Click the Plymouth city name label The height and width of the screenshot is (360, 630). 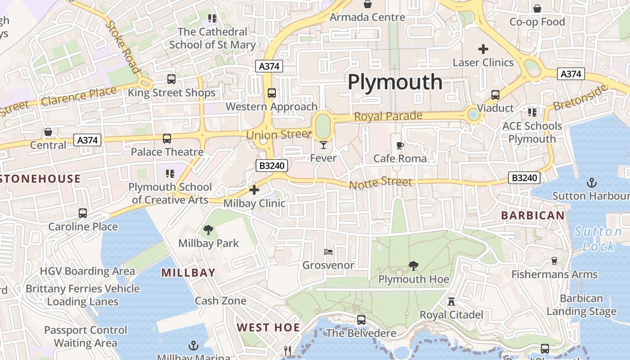(x=395, y=82)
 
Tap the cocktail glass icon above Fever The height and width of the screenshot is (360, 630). (x=323, y=144)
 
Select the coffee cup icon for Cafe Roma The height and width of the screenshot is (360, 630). (x=400, y=145)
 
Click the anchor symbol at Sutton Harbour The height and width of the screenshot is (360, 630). (x=592, y=183)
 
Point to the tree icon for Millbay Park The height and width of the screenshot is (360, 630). (x=208, y=230)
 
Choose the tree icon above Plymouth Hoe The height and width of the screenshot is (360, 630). (x=413, y=266)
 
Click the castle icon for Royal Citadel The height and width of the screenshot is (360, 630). (x=451, y=301)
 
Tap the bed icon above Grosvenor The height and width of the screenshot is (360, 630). (x=328, y=252)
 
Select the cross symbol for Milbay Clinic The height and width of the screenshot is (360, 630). (x=254, y=190)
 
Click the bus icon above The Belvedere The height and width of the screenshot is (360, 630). (x=361, y=320)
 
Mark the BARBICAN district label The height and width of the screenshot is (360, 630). (x=533, y=216)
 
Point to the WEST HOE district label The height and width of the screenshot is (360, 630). (x=268, y=328)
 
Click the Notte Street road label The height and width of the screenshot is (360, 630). (x=380, y=183)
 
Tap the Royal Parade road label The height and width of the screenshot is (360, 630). (x=388, y=116)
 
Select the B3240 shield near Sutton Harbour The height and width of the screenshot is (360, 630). (x=524, y=178)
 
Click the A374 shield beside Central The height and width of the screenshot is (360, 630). (x=87, y=140)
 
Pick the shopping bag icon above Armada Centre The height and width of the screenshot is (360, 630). (x=368, y=4)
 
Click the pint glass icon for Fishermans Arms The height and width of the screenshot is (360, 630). (x=554, y=261)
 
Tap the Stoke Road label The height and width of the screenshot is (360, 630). (x=122, y=47)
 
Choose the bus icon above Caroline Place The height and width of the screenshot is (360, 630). (x=83, y=213)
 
